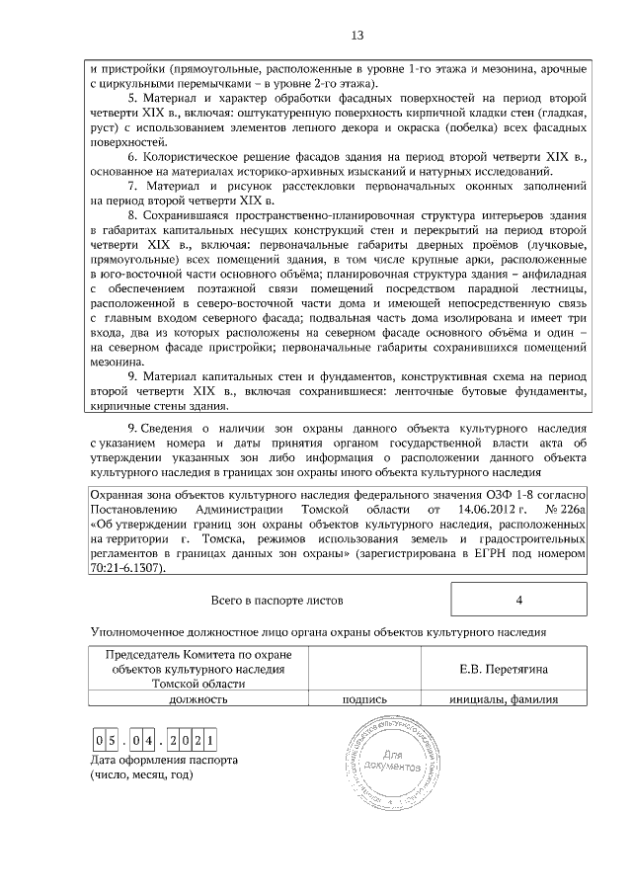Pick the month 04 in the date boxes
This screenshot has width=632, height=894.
click(x=150, y=741)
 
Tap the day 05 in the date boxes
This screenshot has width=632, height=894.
click(x=108, y=741)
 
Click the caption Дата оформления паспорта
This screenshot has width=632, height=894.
click(x=163, y=760)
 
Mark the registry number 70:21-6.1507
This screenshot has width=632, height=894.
click(x=127, y=569)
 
